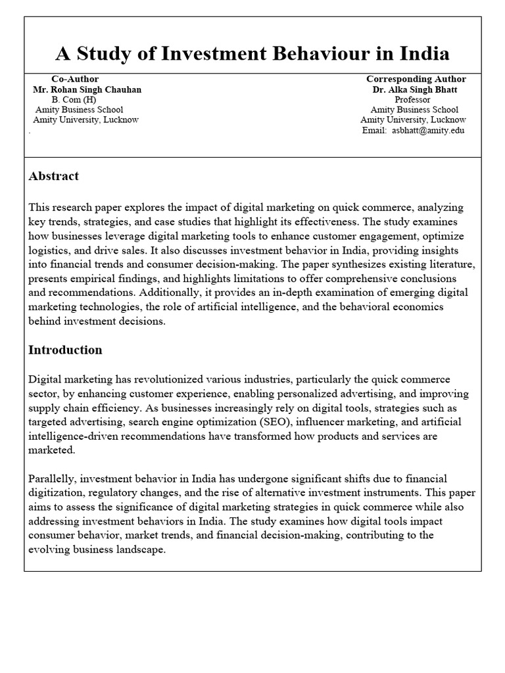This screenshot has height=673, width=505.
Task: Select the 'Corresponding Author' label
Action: pos(416,79)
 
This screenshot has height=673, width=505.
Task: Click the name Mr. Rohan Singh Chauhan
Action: pos(87,89)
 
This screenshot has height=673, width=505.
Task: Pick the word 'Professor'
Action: pos(413,99)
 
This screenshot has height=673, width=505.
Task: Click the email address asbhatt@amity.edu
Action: pos(428,131)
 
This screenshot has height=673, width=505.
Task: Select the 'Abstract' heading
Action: pos(53,176)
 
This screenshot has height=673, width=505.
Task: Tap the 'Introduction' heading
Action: pos(65,350)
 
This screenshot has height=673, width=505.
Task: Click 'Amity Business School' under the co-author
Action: pos(79,110)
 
